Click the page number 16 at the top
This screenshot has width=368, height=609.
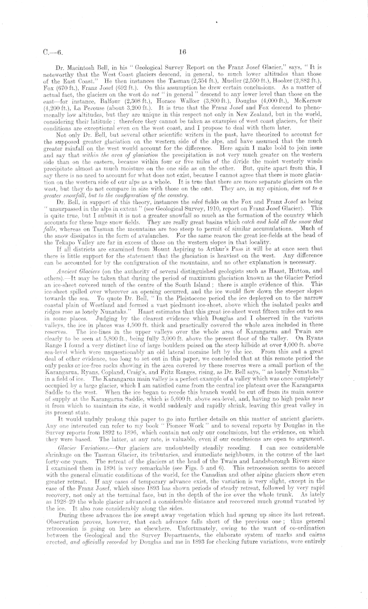coord(183,52)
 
